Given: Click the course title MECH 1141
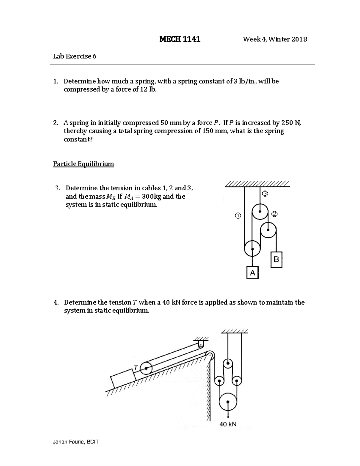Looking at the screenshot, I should tap(180, 39).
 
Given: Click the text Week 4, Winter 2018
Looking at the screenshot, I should tap(275, 39).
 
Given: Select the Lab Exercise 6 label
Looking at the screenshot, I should tap(75, 56).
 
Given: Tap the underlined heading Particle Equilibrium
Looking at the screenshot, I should tap(83, 164).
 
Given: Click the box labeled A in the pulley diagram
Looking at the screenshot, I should tap(252, 273).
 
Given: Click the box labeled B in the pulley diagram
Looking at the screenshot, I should tap(276, 259).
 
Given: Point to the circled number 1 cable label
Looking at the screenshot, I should tap(237, 215).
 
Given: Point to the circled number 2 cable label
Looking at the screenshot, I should tap(274, 214).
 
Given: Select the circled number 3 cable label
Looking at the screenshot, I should tap(265, 194).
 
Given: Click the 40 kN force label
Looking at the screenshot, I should tap(228, 424).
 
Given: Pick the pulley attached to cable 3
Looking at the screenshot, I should tap(259, 212).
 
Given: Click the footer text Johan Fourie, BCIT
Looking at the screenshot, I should tap(76, 442).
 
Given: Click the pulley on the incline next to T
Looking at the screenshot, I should tap(146, 368).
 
